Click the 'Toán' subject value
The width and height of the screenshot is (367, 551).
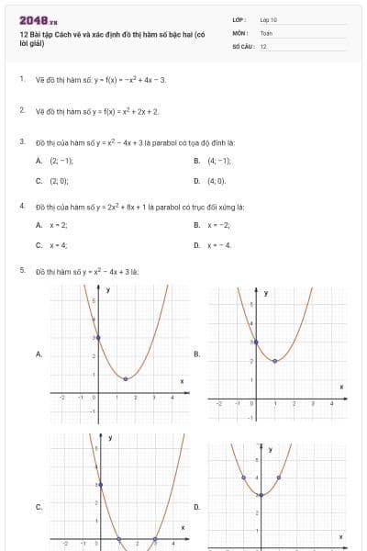pos(266,32)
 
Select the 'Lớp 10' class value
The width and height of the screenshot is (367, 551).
pos(268,19)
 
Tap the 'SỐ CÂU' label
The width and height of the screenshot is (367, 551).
pos(242,45)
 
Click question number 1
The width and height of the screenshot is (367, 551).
pos(21,80)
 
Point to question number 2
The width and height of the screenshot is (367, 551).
pos(21,111)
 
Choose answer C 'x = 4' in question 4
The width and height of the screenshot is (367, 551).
pos(58,245)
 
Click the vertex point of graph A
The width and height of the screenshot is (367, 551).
pos(126,378)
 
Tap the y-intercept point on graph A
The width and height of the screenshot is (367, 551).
pos(98,339)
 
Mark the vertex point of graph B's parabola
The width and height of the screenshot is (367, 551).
pos(275,361)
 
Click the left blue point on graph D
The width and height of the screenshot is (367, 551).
pos(243,478)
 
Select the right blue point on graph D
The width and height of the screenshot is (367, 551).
pos(279,478)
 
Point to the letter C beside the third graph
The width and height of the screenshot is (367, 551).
pos(39,506)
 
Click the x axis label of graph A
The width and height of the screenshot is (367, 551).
pos(182,381)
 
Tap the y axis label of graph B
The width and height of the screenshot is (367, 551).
pos(266,293)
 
